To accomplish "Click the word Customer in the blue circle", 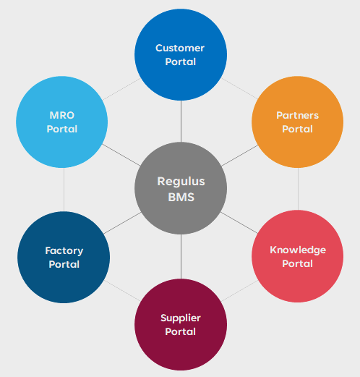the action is click(x=180, y=48).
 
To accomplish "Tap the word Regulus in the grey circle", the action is click(x=181, y=182).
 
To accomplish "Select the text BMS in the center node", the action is click(x=181, y=198).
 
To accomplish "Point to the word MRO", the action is click(x=62, y=115).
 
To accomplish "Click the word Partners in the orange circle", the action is click(x=298, y=115).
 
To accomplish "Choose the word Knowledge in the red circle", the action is click(x=298, y=250).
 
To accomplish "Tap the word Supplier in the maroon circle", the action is click(x=181, y=318).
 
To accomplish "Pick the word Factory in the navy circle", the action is click(x=64, y=251).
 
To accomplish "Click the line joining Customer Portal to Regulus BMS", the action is click(x=181, y=122).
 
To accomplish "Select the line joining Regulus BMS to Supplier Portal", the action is click(x=181, y=256).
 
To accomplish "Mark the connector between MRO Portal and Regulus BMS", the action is click(x=121, y=155).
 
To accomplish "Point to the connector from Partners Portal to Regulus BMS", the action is click(x=240, y=156).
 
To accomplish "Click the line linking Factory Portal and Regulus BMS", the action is click(x=123, y=223).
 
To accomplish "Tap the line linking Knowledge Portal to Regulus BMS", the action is click(x=239, y=223).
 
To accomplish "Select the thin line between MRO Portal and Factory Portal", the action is click(x=64, y=190).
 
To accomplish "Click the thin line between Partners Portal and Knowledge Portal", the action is click(x=298, y=189).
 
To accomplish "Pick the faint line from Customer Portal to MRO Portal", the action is click(x=121, y=89).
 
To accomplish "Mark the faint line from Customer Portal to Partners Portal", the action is click(x=239, y=88).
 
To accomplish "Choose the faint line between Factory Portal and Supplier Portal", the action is click(x=122, y=291).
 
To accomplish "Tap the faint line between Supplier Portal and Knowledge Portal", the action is click(x=240, y=291).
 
